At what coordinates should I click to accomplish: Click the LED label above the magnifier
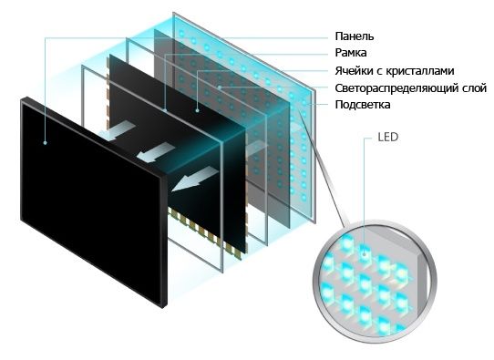(x=386, y=142)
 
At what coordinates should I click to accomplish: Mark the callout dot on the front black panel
(x=46, y=142)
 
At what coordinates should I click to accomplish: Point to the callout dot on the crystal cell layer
(x=197, y=109)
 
